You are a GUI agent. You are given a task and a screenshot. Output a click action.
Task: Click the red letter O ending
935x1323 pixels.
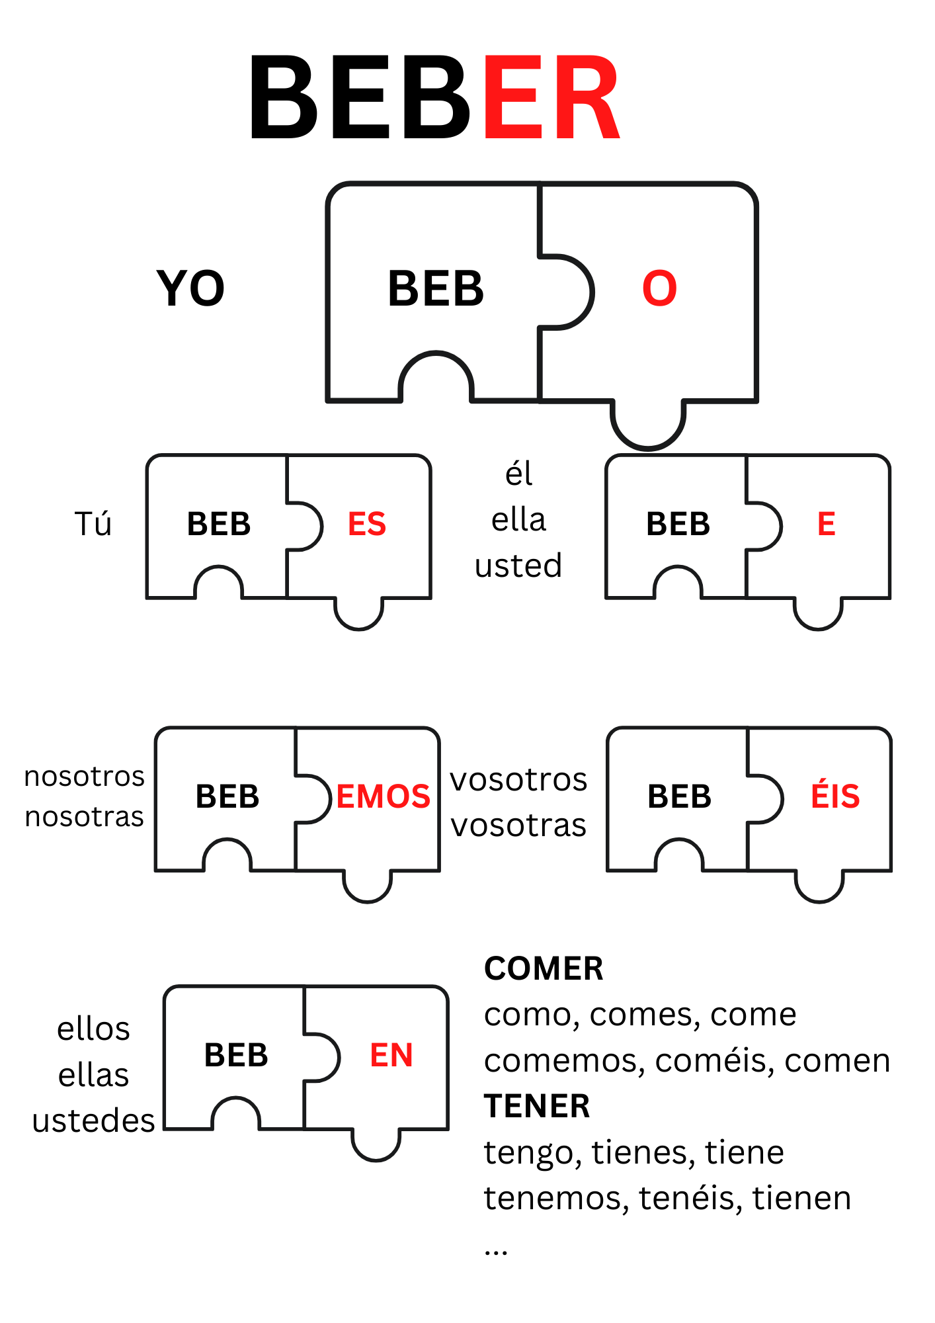(x=659, y=288)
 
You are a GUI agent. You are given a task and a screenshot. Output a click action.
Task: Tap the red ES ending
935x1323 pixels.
(x=367, y=524)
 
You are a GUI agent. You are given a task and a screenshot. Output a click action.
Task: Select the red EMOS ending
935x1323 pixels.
(x=384, y=796)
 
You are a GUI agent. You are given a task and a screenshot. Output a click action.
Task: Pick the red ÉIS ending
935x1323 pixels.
(x=835, y=796)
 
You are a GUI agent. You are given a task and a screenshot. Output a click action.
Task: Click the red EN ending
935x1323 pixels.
(x=391, y=1055)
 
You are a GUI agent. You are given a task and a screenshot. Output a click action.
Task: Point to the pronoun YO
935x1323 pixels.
(x=190, y=288)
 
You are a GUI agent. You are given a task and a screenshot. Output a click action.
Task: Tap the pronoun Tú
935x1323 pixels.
(x=93, y=524)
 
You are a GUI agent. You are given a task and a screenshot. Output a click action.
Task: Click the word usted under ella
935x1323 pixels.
(x=518, y=566)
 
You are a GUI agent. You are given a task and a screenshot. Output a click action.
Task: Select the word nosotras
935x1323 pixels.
(x=84, y=817)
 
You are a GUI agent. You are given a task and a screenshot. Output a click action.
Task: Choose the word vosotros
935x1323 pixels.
(x=518, y=780)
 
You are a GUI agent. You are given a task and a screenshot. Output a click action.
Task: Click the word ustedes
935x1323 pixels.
(x=93, y=1121)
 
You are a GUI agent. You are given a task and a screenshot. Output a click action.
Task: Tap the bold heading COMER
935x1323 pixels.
(x=544, y=969)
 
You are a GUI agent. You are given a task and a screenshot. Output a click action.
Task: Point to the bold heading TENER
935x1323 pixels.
(x=537, y=1106)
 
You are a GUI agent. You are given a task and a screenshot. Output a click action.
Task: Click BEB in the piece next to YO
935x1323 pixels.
(x=436, y=288)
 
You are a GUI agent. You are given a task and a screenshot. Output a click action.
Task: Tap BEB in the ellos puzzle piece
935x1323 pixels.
(x=236, y=1055)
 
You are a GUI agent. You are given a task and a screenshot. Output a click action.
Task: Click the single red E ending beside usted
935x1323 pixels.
(x=826, y=524)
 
